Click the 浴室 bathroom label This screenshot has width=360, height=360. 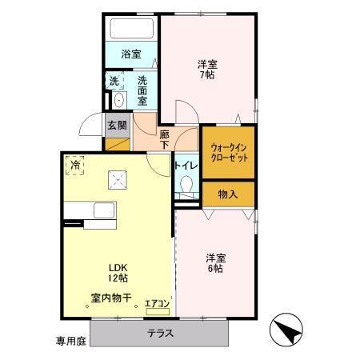coord(131,54)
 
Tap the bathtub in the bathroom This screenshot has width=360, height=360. coord(131,29)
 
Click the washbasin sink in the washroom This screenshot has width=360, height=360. coord(118,99)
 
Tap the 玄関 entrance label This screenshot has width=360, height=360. coord(115,125)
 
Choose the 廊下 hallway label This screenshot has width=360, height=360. coord(165,139)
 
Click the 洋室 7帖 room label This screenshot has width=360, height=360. coord(207,70)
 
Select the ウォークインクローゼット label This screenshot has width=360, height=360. coord(230,152)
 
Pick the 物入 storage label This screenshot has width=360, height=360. coord(228,194)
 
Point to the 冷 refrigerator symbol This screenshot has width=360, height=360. coord(75,165)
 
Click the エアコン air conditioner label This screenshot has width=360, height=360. coord(157,303)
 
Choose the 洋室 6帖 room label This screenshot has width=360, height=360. coord(215,263)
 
